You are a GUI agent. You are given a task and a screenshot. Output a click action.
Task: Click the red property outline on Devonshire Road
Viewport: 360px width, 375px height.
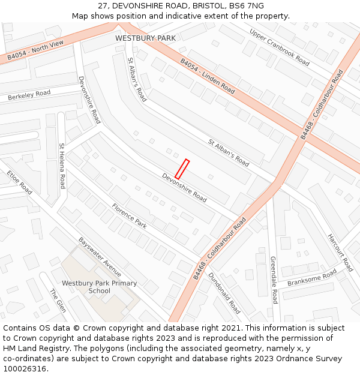click(182, 169)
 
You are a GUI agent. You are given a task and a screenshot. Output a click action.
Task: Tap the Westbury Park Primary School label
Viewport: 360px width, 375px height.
click(99, 287)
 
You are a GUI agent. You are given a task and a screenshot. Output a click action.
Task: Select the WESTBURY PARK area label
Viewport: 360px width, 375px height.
click(146, 38)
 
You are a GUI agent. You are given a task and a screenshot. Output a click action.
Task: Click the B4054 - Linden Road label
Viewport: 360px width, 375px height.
click(208, 76)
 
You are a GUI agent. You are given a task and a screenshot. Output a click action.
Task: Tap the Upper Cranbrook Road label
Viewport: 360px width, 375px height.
click(280, 47)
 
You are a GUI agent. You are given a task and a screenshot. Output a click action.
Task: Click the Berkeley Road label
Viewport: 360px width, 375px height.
click(29, 95)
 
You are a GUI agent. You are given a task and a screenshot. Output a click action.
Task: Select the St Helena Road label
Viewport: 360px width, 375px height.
click(61, 166)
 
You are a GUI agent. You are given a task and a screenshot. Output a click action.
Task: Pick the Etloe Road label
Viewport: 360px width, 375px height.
click(20, 182)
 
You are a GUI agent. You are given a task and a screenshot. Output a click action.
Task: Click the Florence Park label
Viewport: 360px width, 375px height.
click(129, 216)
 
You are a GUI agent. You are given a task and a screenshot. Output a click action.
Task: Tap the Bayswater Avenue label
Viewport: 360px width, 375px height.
click(100, 257)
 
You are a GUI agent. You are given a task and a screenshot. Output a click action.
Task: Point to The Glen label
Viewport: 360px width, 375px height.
click(58, 301)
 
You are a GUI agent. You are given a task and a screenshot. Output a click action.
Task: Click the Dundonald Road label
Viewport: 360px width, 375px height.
click(224, 293)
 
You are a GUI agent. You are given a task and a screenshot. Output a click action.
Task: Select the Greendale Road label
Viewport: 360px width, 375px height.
click(273, 280)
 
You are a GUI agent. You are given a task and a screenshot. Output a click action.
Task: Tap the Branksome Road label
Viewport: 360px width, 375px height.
click(312, 278)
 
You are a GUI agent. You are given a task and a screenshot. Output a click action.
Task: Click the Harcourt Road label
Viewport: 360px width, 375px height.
click(340, 253)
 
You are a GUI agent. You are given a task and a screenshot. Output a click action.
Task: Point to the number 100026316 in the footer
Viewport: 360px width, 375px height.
click(25, 368)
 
